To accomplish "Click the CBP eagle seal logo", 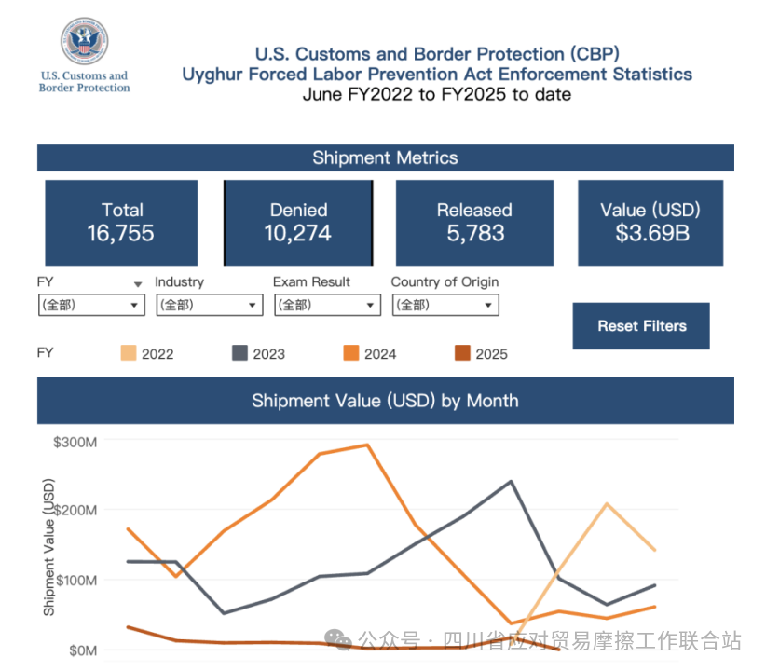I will [x=84, y=43].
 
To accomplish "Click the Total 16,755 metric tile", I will [x=121, y=222].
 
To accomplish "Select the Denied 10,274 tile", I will [x=298, y=222].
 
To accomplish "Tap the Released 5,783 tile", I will [x=474, y=222].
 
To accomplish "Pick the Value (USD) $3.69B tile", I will [x=650, y=222].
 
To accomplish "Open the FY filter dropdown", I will [x=91, y=305].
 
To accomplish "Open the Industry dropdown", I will [x=209, y=305].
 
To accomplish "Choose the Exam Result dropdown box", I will [x=327, y=305].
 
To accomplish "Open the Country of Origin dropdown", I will [x=445, y=305].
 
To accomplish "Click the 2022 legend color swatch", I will [x=129, y=353].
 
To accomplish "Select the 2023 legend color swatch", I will [x=239, y=353].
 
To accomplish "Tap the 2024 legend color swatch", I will [x=351, y=353].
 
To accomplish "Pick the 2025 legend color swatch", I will [x=462, y=353].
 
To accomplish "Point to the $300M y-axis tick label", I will [x=75, y=442].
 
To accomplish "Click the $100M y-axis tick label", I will [x=75, y=580].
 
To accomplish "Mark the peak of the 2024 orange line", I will [x=367, y=445].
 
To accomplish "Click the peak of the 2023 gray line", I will [x=511, y=481].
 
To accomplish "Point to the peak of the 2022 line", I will [x=607, y=504].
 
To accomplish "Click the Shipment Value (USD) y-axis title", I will [x=49, y=547].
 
